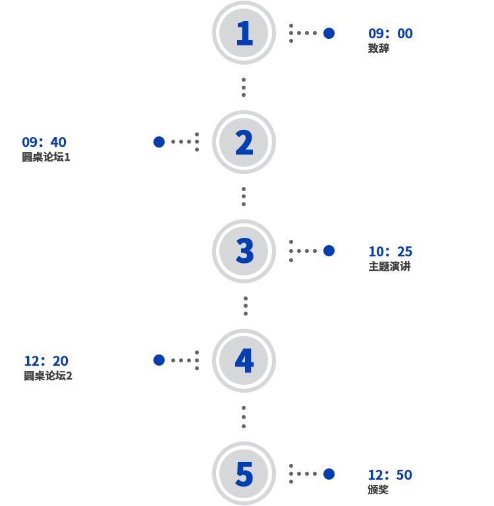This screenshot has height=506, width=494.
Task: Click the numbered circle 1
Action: tap(244, 33)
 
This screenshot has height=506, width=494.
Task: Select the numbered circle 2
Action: tap(244, 142)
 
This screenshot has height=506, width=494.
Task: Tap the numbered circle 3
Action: tap(244, 251)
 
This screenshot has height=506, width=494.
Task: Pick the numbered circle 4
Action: tap(244, 360)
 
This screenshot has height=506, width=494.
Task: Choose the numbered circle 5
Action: tap(244, 474)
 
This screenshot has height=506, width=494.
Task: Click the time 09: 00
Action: tap(391, 34)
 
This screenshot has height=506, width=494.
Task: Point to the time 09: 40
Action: tap(44, 142)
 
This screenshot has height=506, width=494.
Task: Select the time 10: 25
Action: tap(391, 252)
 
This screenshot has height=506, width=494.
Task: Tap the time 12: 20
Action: tap(46, 361)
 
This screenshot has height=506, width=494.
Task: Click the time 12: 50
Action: tap(390, 475)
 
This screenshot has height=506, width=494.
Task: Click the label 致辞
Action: tap(379, 48)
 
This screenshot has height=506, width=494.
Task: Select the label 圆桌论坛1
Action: tap(46, 157)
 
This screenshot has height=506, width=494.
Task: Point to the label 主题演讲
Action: tap(389, 267)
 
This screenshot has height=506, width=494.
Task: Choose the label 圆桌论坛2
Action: tap(48, 376)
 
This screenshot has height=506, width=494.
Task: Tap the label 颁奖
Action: tap(378, 490)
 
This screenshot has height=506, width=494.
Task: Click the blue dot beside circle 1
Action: tap(329, 33)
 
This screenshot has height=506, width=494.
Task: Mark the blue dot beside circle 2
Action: tap(159, 142)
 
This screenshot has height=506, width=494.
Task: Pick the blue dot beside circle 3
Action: tap(329, 251)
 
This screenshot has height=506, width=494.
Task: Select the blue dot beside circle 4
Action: tap(159, 360)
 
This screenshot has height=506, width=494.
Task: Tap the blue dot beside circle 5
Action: tap(329, 474)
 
